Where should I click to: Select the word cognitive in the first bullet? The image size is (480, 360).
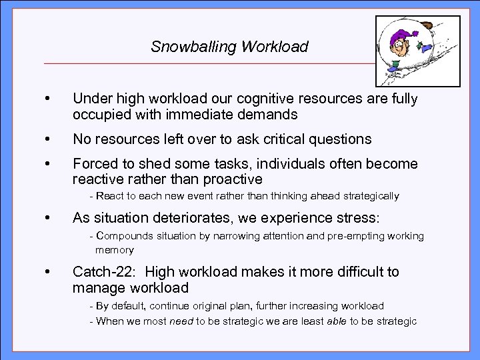pos(253,99)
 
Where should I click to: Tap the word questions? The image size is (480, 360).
pos(343,139)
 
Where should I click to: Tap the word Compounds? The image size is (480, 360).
pos(123,236)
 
